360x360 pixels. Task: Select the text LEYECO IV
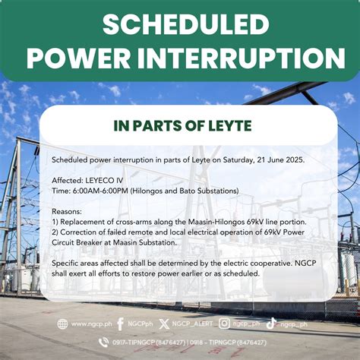[106, 181]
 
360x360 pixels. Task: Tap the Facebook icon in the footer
[120, 324]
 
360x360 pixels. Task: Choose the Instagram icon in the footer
[224, 324]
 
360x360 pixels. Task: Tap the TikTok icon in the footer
[271, 324]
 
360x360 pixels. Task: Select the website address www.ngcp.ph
[90, 324]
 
